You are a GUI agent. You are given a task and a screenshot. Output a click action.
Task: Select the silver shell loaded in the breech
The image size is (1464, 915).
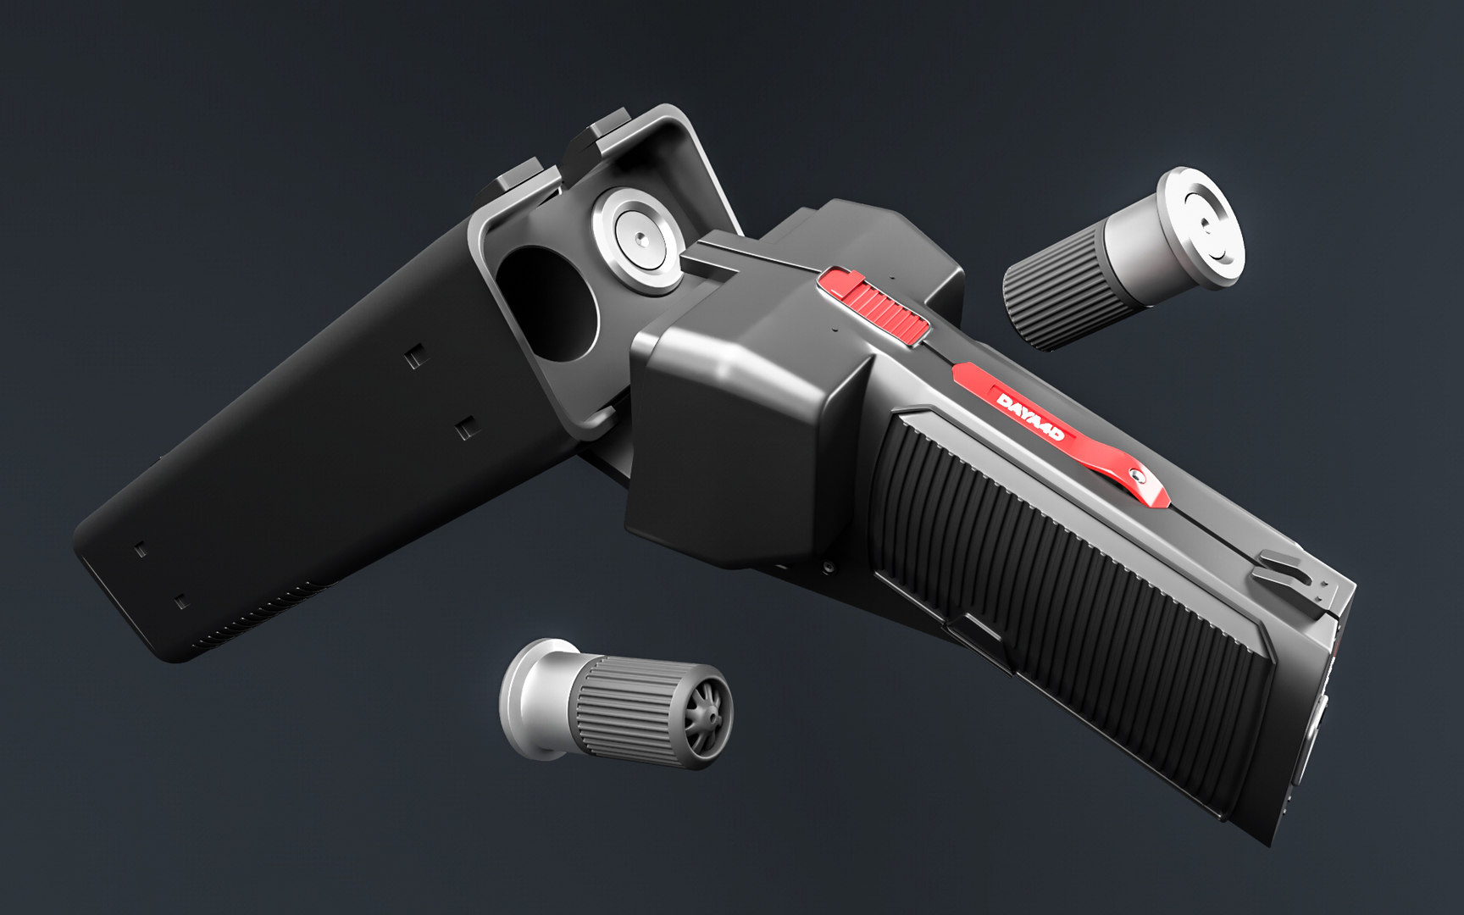(x=637, y=241)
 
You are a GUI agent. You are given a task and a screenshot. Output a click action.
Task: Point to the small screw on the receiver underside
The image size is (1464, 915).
(x=826, y=566)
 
